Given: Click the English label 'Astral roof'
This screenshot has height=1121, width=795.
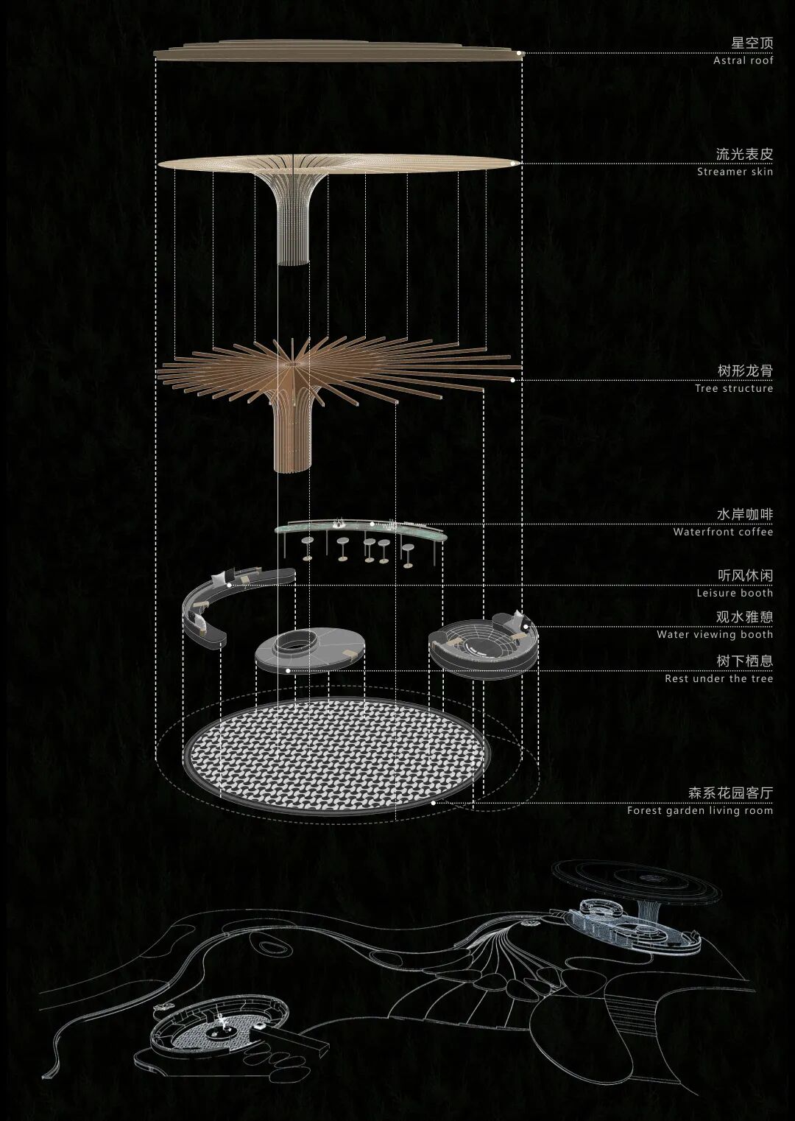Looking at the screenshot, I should [x=743, y=61].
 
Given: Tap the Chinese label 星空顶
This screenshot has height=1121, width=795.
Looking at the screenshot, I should [x=752, y=43].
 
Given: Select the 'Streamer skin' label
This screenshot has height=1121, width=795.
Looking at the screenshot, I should [x=735, y=172].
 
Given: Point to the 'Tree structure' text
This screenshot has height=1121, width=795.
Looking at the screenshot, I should [x=733, y=389].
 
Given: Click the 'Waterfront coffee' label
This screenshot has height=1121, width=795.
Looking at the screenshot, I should [x=723, y=532].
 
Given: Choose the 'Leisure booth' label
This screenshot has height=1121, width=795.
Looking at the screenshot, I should [x=735, y=593].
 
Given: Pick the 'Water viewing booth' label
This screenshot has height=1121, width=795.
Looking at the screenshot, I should [x=714, y=634].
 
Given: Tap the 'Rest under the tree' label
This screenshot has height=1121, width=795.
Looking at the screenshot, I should [x=718, y=679].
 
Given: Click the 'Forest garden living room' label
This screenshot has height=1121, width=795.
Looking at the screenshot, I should [x=699, y=811].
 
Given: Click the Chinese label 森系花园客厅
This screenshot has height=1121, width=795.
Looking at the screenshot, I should [x=730, y=793].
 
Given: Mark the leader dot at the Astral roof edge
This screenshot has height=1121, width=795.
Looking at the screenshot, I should [x=519, y=53].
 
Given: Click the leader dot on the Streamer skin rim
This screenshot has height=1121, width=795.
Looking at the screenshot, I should [x=513, y=163].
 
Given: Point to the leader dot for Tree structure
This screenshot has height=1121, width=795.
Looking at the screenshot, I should [x=513, y=380].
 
